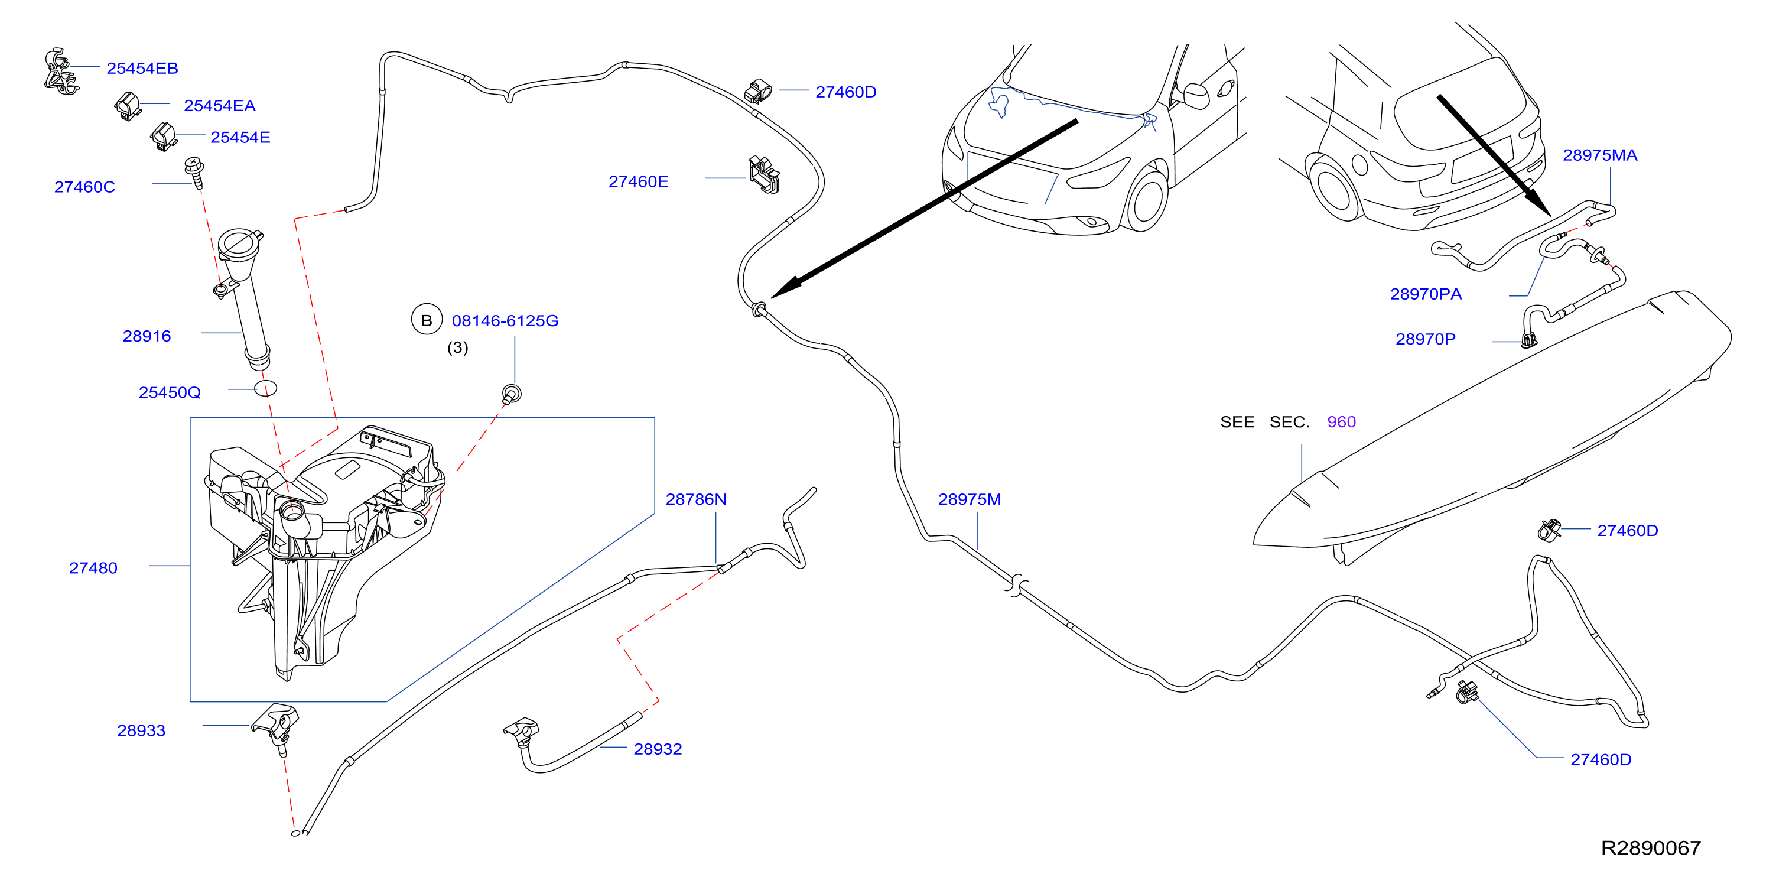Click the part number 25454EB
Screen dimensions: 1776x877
point(142,69)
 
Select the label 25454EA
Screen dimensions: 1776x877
point(219,105)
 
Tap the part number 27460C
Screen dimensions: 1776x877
point(85,187)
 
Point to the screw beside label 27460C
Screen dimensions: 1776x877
point(195,173)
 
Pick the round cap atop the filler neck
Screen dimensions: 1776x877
point(239,243)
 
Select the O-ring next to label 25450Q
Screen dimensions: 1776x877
point(265,388)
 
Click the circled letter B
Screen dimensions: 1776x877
point(427,320)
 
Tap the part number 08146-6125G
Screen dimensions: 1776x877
point(505,320)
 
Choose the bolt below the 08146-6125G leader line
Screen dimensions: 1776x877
point(512,394)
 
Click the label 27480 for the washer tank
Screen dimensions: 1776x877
point(93,568)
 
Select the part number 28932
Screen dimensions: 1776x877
point(658,749)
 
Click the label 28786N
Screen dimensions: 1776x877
point(695,499)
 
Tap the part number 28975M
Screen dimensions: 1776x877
point(970,499)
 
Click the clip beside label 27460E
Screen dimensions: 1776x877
point(764,174)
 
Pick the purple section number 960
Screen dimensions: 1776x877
point(1341,422)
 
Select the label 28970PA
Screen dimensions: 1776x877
point(1426,294)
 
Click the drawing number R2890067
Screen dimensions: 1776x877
point(1651,848)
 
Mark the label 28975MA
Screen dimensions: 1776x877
point(1599,155)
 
